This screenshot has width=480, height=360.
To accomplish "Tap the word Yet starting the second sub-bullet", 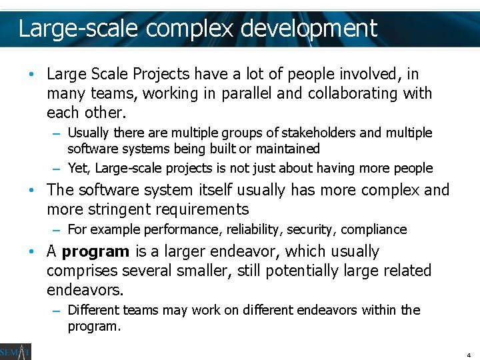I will (x=78, y=168).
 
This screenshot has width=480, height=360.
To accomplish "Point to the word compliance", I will (x=374, y=230).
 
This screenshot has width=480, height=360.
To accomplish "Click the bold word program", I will (x=96, y=252).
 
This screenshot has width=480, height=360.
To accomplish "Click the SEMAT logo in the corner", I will (x=15, y=351).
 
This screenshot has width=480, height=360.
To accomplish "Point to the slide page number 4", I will (x=469, y=355).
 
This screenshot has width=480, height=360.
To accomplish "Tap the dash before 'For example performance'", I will (x=57, y=230).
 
